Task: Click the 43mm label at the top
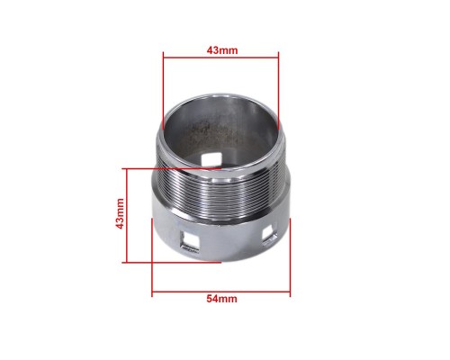222,50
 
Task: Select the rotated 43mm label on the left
120,213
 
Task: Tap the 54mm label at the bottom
221,299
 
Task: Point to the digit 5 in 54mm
209,299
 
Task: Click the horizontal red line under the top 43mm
220,57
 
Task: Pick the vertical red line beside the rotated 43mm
127,216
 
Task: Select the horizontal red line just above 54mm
221,292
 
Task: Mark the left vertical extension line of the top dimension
163,91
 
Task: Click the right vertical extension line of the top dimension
278,91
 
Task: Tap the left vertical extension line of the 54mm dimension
152,257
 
